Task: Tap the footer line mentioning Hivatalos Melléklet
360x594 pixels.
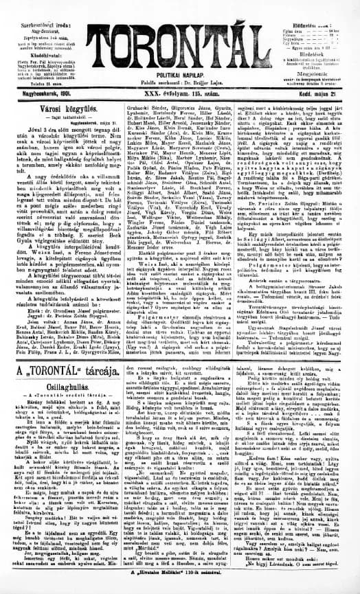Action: [181, 589]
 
